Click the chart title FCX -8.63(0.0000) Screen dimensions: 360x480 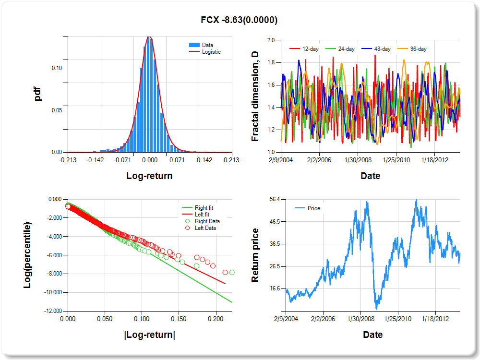pos(239,20)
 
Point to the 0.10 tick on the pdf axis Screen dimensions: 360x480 pos(57,68)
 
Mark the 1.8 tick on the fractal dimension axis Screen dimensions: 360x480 pos(271,63)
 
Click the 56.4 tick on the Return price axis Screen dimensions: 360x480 pos(275,199)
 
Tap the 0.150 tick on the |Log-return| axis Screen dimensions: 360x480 pos(179,319)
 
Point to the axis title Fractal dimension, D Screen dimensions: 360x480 pos(255,96)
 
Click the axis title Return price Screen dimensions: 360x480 pos(255,255)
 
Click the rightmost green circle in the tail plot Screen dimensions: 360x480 pos(232,272)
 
